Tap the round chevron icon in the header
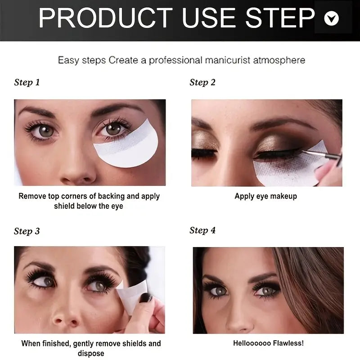332,18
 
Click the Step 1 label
27,82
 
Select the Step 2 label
202,82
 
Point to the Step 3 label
27,231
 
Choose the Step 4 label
202,230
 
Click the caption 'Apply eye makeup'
265,196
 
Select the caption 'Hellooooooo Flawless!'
268,343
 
